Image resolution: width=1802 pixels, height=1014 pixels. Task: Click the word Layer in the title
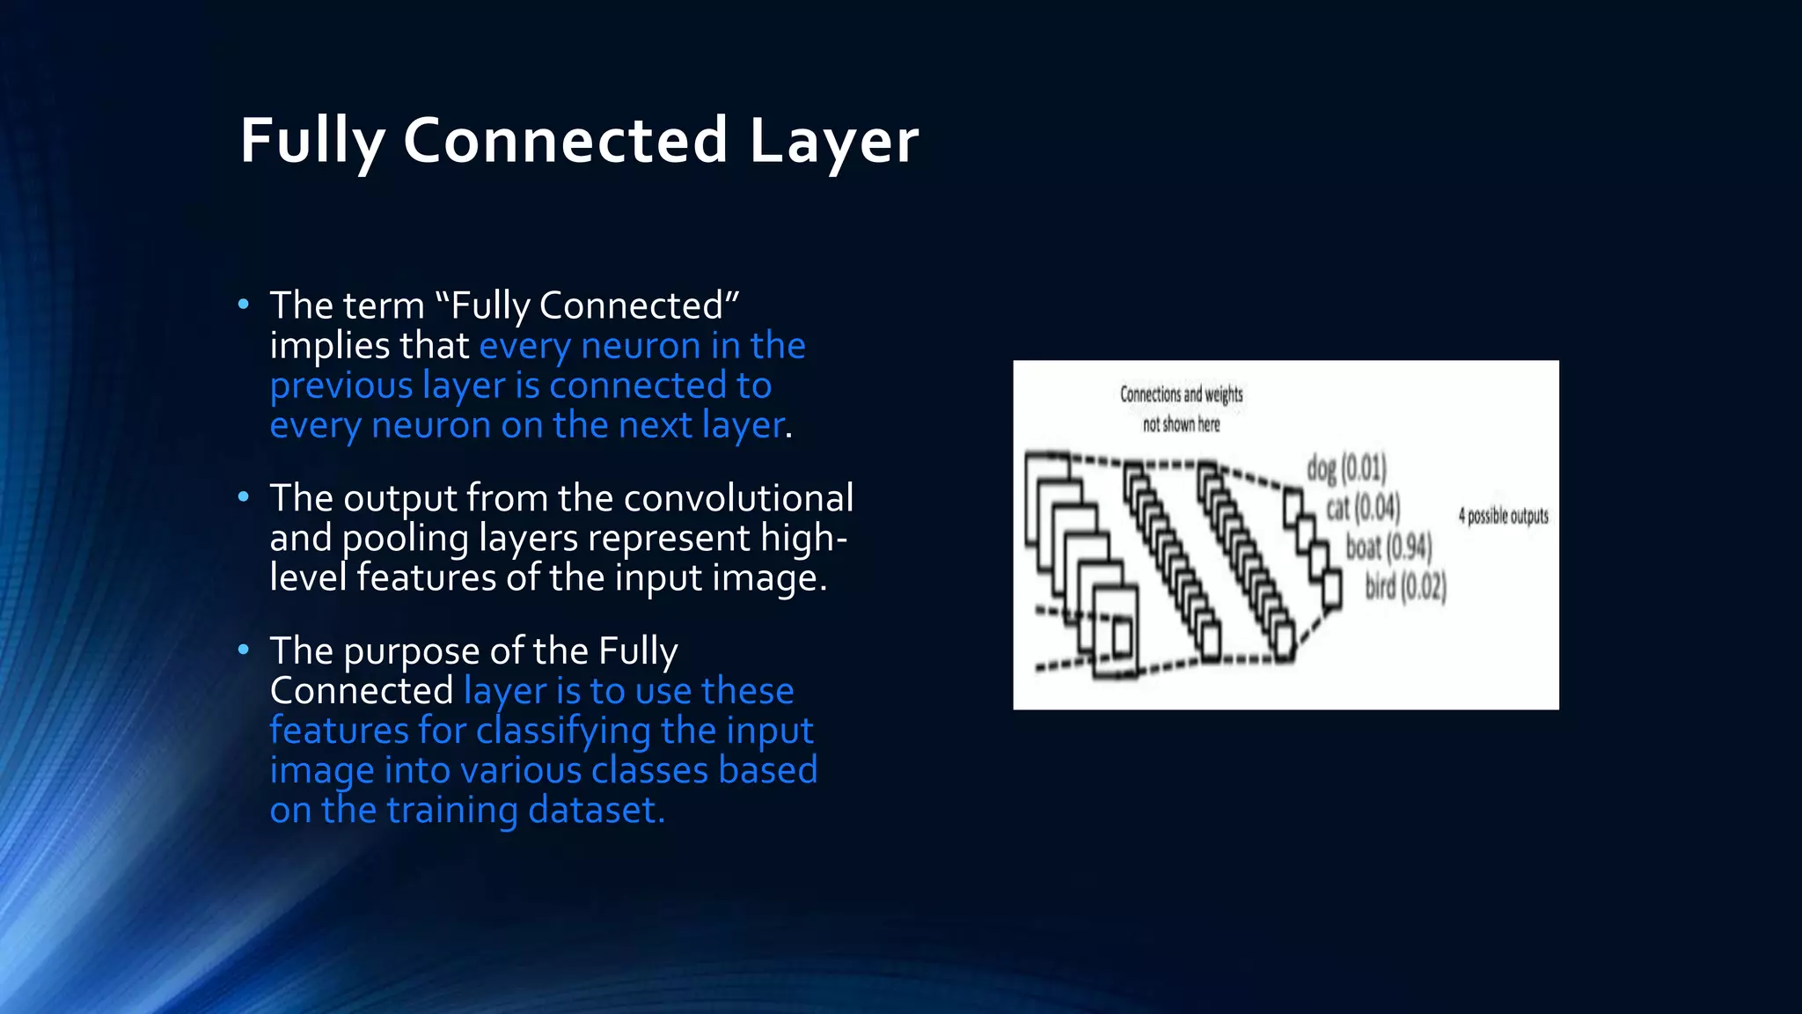(x=833, y=141)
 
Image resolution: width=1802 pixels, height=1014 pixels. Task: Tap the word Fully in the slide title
(x=312, y=141)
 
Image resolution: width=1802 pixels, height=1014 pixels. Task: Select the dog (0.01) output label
(x=1346, y=468)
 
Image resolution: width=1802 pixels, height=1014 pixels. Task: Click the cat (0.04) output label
(x=1363, y=508)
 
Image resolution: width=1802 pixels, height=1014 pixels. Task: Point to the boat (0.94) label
(x=1388, y=547)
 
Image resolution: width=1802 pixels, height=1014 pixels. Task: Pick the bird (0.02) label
(x=1405, y=586)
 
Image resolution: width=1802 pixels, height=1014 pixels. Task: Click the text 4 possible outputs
(x=1503, y=516)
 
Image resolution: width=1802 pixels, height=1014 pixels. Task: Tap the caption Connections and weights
(x=1181, y=394)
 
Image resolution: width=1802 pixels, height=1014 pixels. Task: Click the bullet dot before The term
(x=244, y=305)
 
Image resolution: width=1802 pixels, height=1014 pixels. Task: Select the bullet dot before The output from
(x=244, y=497)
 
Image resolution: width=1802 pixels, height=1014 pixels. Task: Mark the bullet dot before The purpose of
(x=244, y=650)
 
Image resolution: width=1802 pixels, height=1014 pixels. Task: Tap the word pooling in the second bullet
(x=405, y=539)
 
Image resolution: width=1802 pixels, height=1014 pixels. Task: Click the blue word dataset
(x=595, y=810)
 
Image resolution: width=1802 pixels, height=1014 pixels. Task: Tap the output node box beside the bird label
(x=1332, y=588)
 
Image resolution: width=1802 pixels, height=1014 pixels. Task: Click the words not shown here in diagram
(x=1181, y=424)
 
